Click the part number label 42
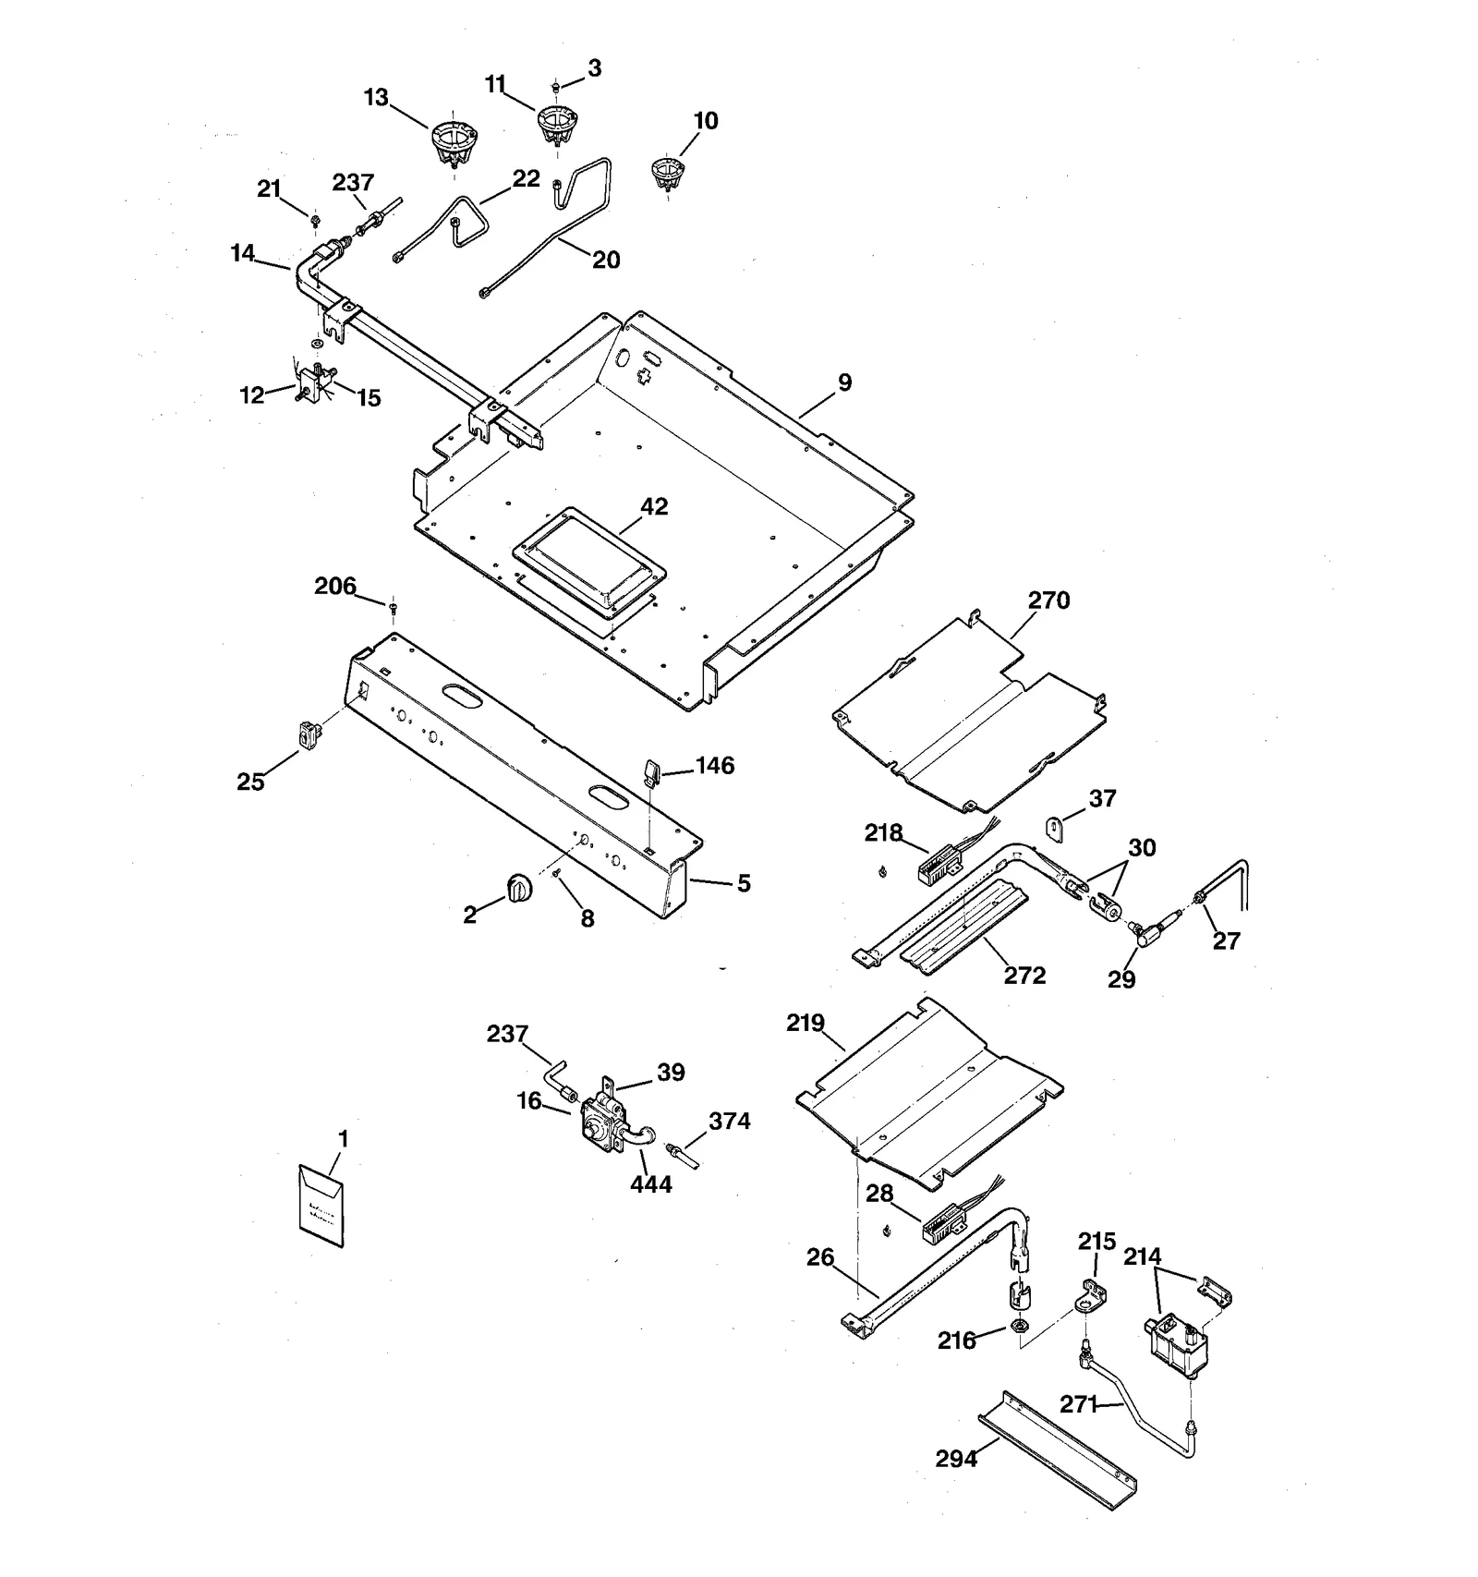654,506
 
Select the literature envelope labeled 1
321,1206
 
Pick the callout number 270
1048,600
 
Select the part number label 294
956,1459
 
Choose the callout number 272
1024,976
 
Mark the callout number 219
806,1023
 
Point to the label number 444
651,1183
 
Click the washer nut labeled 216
1017,1327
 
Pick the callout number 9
845,382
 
